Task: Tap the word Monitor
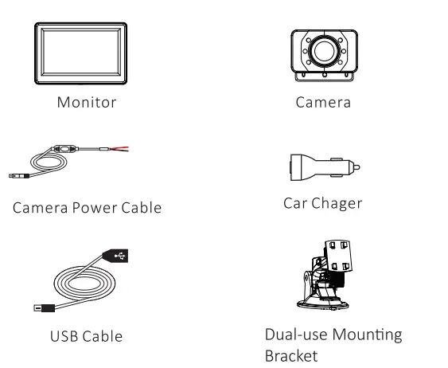tap(87, 103)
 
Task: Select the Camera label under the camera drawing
tap(323, 103)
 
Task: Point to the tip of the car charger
tap(357, 169)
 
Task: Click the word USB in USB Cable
tap(63, 336)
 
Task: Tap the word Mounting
tap(368, 335)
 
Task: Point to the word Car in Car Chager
tap(295, 203)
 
